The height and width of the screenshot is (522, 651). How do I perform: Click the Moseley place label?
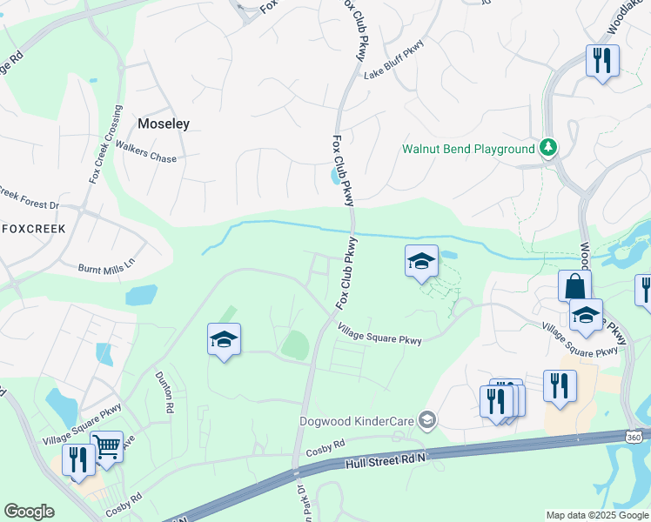[164, 124]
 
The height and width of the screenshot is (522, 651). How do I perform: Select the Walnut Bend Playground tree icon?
[548, 148]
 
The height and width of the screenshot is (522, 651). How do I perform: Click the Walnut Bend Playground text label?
[468, 149]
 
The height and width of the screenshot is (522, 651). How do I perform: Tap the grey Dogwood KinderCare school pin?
[426, 421]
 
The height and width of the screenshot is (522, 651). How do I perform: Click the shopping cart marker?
[106, 447]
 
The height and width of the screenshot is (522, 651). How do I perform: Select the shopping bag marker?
[575, 286]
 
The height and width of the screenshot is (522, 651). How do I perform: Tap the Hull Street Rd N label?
[386, 458]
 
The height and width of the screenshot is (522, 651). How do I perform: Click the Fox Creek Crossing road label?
[105, 144]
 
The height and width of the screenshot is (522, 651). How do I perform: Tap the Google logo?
[29, 512]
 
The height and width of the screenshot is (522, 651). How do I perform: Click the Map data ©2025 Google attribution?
[597, 515]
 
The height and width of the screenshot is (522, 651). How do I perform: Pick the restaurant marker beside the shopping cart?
[79, 460]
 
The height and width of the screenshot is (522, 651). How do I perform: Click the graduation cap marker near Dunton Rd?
[224, 339]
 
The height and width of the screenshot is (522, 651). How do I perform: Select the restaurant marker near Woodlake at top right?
[601, 61]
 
